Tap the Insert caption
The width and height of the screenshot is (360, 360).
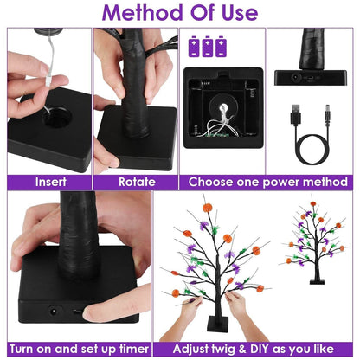click(49, 182)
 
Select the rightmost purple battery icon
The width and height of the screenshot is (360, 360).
click(225, 43)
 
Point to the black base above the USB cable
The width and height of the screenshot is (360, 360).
click(312, 76)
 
